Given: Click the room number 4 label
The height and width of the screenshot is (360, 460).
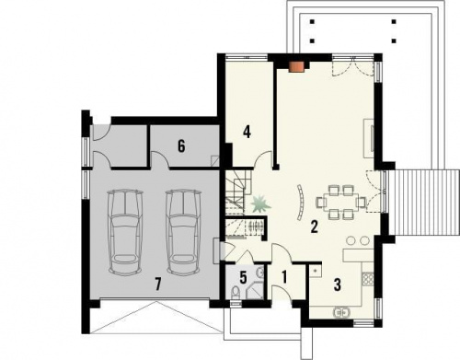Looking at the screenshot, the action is coord(247,133).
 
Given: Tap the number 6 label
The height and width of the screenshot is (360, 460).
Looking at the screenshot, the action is coord(181,146).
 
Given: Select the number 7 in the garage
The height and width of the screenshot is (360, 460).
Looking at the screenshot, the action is coord(158,285).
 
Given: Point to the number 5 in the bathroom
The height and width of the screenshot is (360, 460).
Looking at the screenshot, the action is coord(243,277).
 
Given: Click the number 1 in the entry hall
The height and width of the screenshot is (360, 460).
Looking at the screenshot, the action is coord(284,277).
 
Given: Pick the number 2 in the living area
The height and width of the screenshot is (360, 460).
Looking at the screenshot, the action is coord(314,226).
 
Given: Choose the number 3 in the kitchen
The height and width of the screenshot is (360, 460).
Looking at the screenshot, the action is coord(337,285).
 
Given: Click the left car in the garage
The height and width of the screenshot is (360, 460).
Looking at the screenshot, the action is coord(125,232).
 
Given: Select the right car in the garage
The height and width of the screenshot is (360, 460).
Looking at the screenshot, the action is coord(183,232).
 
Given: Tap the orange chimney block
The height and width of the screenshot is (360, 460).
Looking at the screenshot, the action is coord(296,67).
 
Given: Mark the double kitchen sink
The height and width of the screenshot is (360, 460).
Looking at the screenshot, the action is coord(341,312).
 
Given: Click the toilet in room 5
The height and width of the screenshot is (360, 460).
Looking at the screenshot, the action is coord(236,292).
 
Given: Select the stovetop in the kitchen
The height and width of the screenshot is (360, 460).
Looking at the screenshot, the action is coord(368,279).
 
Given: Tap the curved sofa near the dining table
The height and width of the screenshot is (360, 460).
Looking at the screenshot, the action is coord(300,202).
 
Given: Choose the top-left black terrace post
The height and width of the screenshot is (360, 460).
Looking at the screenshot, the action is coord(312,22).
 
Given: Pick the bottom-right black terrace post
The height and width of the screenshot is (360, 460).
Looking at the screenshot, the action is coord(394,41).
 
